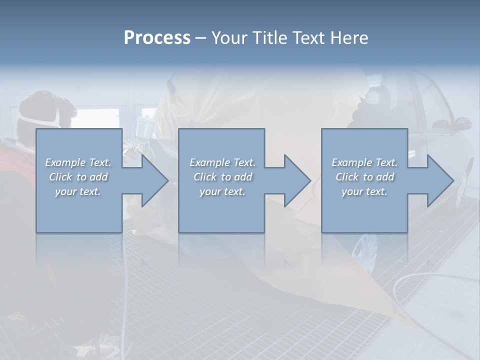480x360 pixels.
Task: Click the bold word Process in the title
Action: tap(157, 38)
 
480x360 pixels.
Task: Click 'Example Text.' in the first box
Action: tap(78, 162)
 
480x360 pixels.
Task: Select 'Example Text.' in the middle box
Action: tap(222, 162)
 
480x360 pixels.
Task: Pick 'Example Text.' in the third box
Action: tap(364, 162)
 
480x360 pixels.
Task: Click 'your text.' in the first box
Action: tap(78, 191)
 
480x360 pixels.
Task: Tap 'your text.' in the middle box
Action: tap(222, 191)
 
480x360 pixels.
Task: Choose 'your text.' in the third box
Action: tap(364, 191)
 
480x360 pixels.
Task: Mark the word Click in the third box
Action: tap(347, 177)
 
